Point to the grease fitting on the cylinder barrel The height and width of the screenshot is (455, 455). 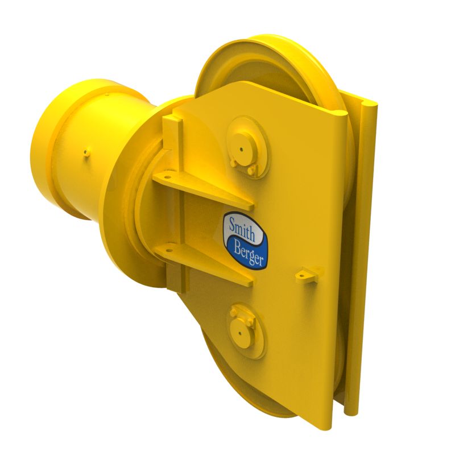click(x=85, y=152)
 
